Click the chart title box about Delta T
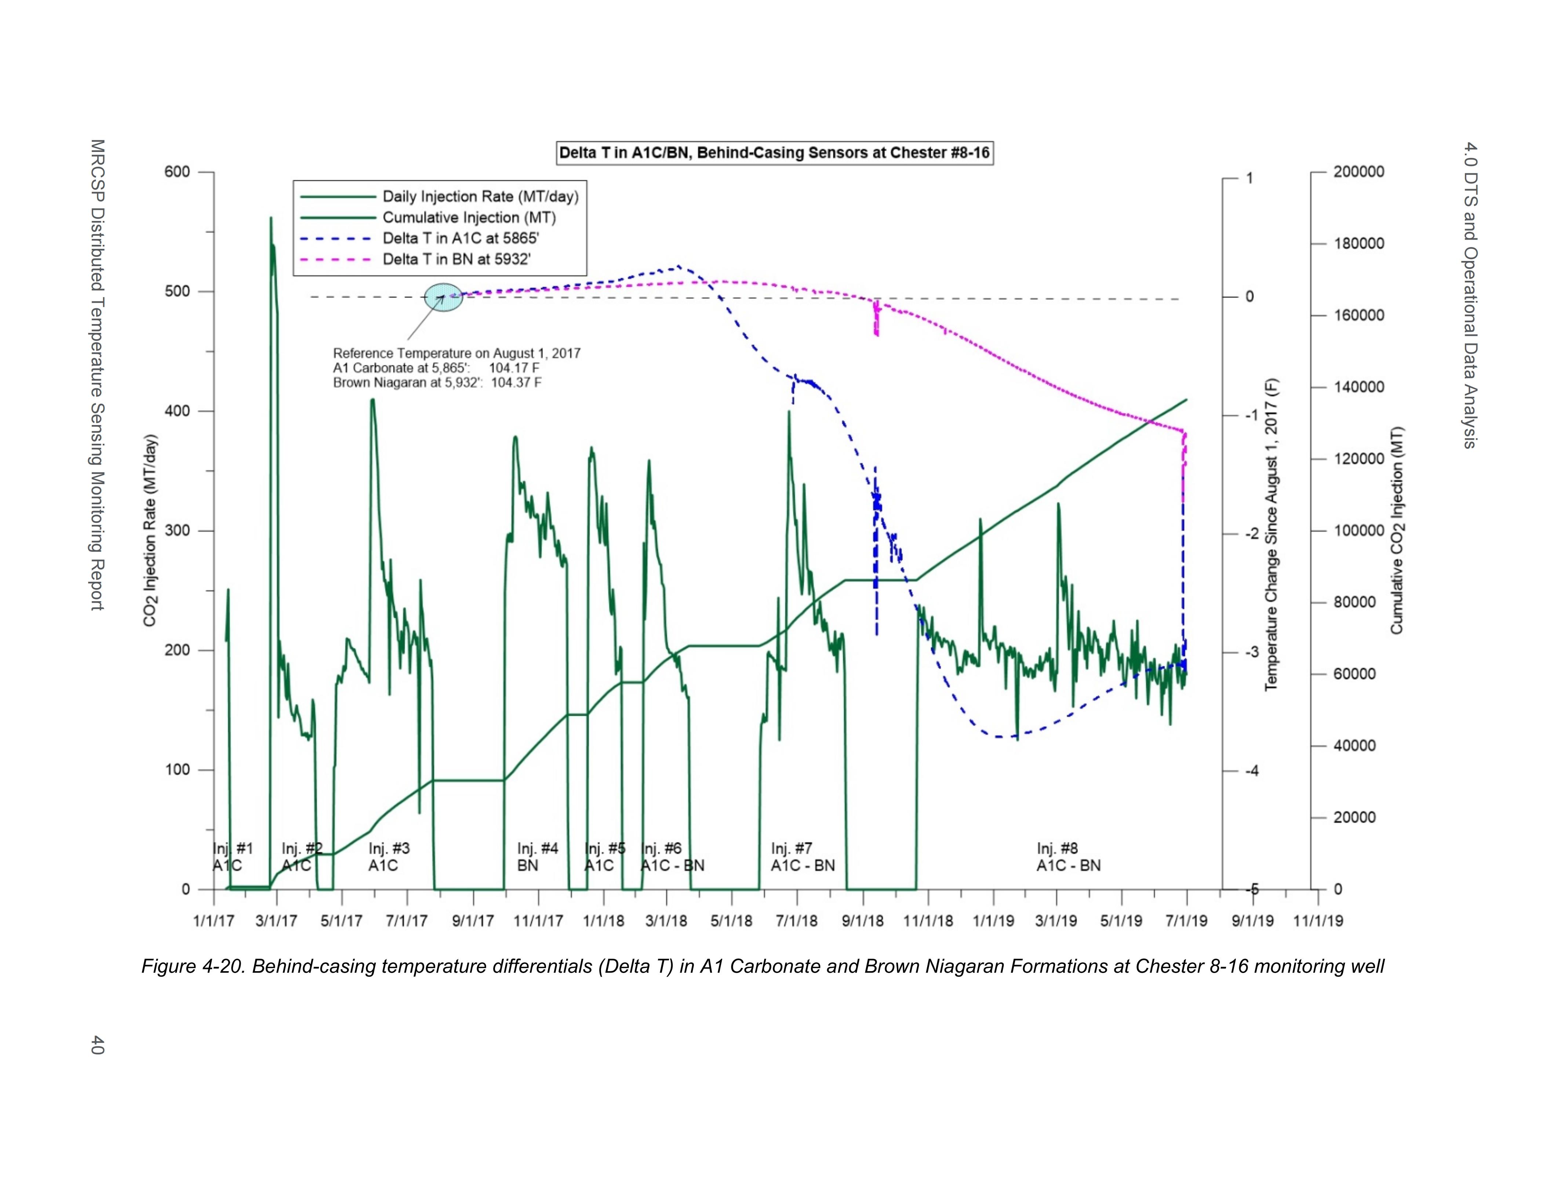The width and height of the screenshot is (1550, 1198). pos(774,153)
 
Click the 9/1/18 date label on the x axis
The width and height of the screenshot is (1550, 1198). pos(862,921)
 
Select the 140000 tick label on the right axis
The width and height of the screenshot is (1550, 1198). pos(1358,388)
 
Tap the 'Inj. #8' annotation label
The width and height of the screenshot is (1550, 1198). pos(1057,848)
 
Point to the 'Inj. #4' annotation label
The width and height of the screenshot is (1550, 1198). pos(537,848)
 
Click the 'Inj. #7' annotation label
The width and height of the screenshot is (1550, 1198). pos(791,848)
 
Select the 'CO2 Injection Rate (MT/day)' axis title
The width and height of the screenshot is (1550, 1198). pos(150,531)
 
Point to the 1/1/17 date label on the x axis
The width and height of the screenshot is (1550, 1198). pos(214,921)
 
